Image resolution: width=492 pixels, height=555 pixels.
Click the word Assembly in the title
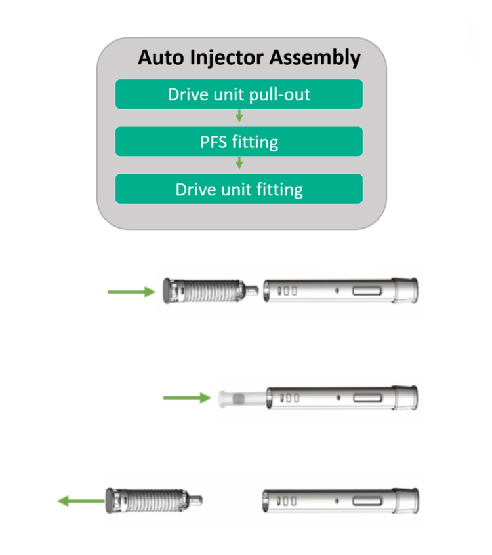tap(315, 58)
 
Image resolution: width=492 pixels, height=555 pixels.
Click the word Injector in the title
tap(227, 58)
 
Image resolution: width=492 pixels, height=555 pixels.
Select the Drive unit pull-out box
tap(239, 94)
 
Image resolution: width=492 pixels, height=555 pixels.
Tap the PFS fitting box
tap(239, 142)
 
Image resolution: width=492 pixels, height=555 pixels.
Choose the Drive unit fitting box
tap(239, 189)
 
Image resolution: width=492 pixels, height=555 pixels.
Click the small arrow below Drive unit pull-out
tap(239, 116)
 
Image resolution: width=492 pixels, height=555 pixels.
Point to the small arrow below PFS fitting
tap(239, 163)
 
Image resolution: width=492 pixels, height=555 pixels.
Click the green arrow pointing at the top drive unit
tap(131, 292)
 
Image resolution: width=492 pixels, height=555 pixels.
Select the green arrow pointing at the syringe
tap(187, 398)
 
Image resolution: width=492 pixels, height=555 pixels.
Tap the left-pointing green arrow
tap(81, 501)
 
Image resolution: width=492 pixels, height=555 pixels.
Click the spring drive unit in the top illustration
tap(211, 291)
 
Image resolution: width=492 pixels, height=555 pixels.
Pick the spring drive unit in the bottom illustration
tap(154, 501)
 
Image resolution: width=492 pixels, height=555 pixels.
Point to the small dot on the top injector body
tap(337, 290)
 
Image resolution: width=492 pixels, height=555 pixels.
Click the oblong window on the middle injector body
tap(367, 398)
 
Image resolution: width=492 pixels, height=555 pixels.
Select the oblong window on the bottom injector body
tap(367, 501)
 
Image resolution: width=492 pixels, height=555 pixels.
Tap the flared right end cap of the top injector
tap(405, 290)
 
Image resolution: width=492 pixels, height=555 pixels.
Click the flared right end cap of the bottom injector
tap(406, 501)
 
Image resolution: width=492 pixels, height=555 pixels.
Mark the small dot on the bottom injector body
tap(337, 501)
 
